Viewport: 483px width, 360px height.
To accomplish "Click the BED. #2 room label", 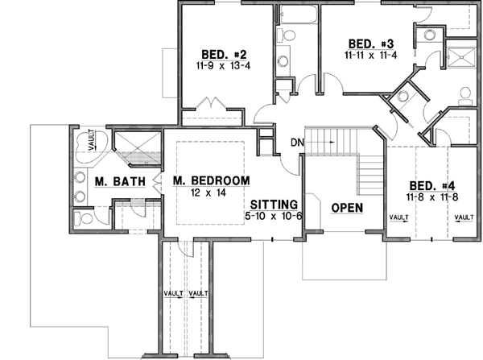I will coord(212,48).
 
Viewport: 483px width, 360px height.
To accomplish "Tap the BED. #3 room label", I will coord(370,43).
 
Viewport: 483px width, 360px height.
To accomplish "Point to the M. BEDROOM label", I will coord(211,181).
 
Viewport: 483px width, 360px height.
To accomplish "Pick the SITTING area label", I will coord(274,204).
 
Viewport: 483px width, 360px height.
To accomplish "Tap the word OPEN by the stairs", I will coord(347,208).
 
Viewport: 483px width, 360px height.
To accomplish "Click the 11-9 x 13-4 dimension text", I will coord(212,62).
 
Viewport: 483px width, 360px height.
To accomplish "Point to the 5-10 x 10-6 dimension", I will coord(273,216).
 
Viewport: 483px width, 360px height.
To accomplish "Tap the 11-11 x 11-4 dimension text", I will coord(369,56).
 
